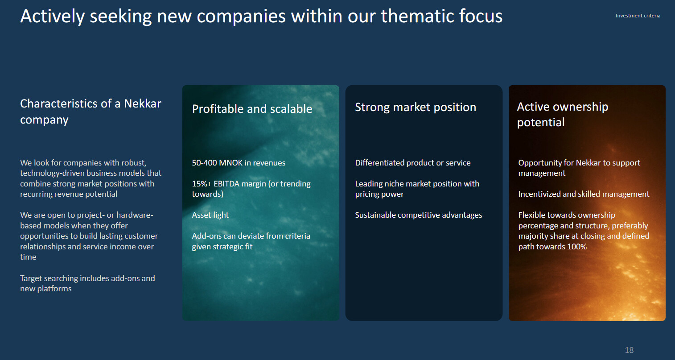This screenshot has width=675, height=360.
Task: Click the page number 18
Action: coord(629,350)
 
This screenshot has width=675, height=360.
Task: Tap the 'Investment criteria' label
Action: coord(638,16)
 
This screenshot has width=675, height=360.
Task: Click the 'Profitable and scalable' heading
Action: coord(252,109)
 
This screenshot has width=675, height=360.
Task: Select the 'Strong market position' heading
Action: coord(416,108)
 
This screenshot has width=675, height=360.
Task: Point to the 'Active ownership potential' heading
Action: coord(563,115)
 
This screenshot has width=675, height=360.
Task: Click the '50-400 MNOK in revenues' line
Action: coord(239,163)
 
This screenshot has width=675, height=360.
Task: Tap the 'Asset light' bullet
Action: coord(210,215)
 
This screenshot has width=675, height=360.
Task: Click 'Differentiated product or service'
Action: coord(413,163)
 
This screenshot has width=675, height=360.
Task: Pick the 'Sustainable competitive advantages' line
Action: coord(419,215)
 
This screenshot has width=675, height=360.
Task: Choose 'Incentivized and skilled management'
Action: coord(584,194)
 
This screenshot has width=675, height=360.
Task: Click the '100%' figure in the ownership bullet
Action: coord(577,247)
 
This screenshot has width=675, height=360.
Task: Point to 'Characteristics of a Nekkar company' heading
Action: coord(91,112)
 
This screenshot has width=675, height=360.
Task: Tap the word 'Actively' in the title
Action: coord(53,16)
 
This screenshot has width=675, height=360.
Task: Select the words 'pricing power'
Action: coord(379,194)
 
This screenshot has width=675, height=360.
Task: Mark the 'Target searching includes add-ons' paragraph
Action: coord(88,283)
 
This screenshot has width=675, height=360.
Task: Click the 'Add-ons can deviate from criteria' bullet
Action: coord(251,241)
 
